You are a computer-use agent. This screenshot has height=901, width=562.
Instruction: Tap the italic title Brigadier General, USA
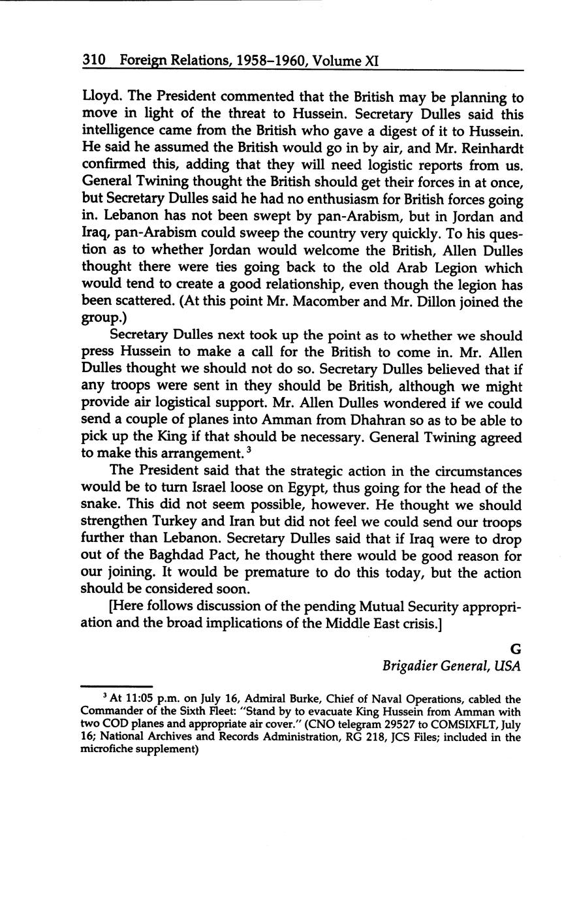[x=451, y=666]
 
